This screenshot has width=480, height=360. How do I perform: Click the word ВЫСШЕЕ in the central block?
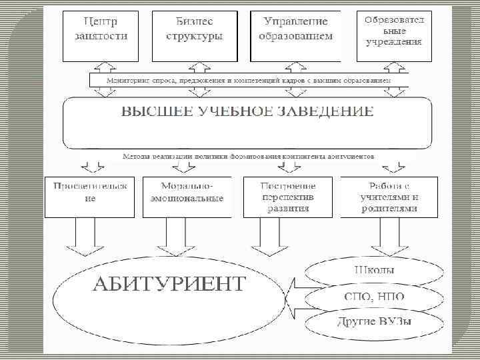153,111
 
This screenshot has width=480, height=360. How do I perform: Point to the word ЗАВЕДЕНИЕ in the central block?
333,111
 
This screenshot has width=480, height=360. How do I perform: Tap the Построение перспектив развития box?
288,195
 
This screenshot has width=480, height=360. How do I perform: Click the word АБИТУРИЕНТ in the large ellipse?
168,284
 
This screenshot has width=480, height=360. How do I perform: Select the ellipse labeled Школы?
373,271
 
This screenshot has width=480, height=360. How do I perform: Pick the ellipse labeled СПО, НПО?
373,297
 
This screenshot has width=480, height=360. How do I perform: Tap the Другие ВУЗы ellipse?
373,325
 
